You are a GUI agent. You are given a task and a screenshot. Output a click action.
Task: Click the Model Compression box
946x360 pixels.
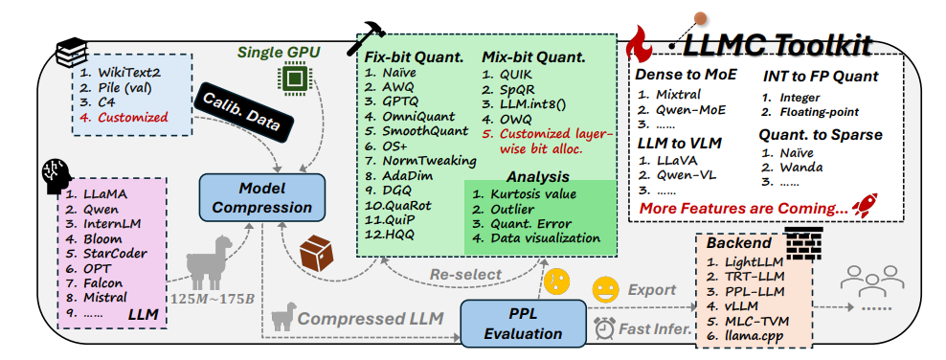(262, 196)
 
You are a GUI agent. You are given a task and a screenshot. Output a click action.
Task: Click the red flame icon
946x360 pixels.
(642, 45)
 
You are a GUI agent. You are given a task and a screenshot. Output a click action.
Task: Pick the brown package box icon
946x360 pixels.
(317, 254)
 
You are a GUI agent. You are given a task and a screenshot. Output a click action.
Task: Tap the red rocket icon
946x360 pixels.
(866, 206)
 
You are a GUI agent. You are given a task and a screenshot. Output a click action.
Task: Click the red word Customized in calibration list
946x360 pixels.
(132, 117)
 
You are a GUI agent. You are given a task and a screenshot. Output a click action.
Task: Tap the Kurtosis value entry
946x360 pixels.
(525, 194)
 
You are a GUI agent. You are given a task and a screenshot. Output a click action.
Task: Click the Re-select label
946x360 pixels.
(465, 275)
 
